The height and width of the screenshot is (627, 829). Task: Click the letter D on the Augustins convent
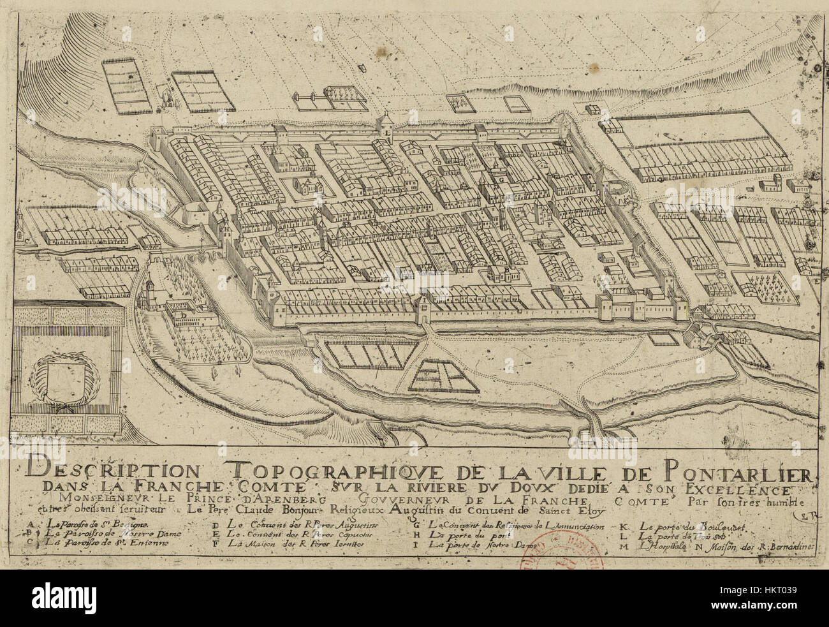tap(183, 314)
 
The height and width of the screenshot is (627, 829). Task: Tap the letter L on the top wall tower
tap(387, 133)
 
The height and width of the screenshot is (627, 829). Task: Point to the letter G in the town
tap(503, 180)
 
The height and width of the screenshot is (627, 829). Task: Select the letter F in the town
tap(548, 225)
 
